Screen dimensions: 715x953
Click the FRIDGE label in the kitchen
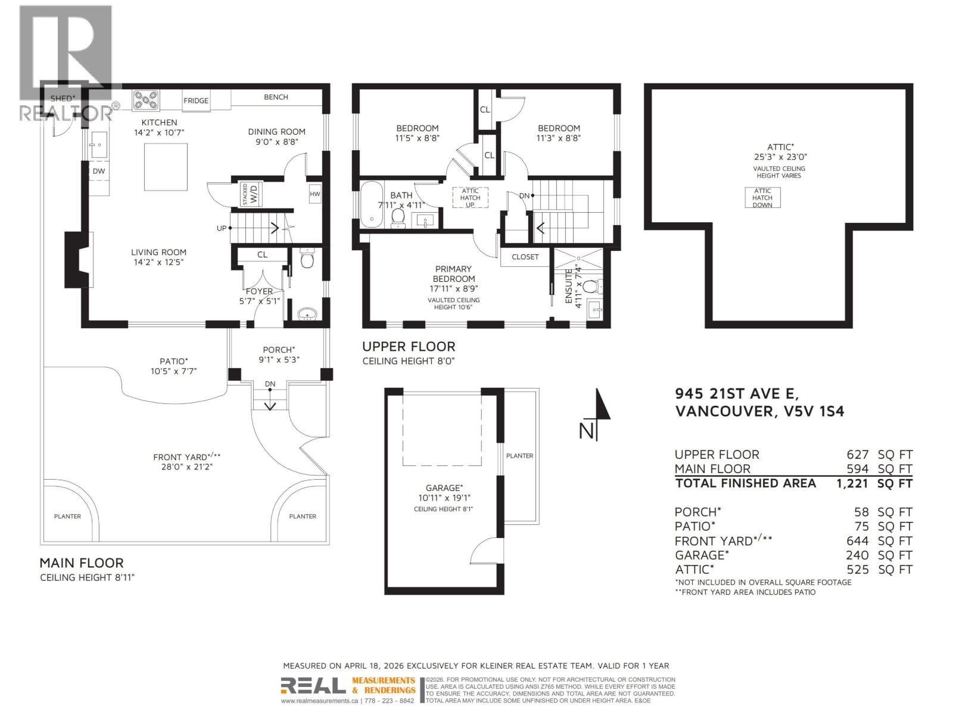[x=196, y=101]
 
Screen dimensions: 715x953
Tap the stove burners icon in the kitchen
[x=145, y=100]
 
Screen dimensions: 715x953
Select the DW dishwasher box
[x=99, y=171]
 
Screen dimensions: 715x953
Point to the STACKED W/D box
[x=251, y=194]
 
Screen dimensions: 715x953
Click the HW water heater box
[x=314, y=194]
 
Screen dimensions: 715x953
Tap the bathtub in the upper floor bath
[x=372, y=204]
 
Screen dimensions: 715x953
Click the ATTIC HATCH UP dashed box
[x=470, y=198]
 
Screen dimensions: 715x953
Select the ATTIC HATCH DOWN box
[x=762, y=198]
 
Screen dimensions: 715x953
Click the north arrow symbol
[x=602, y=411]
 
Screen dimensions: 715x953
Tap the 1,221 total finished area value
[x=853, y=483]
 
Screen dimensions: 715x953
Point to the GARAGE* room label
[x=443, y=487]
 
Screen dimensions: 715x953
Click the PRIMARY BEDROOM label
[x=453, y=273]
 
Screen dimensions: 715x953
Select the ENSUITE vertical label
[x=573, y=287]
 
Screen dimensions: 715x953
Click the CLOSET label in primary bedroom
[x=525, y=257]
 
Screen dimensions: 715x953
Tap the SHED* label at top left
[x=63, y=98]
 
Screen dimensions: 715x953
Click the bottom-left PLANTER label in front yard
[x=67, y=517]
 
